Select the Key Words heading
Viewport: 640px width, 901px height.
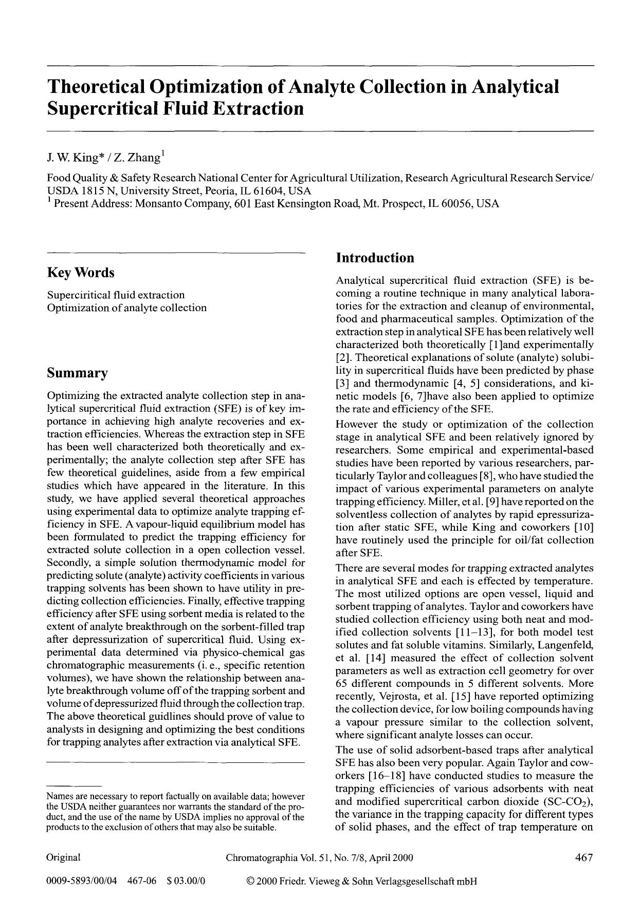[x=81, y=273]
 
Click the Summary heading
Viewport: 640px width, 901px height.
[x=77, y=373]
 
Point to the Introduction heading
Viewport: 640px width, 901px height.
[x=375, y=258]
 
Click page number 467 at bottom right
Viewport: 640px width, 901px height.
[x=584, y=857]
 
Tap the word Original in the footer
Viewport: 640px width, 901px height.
[x=63, y=857]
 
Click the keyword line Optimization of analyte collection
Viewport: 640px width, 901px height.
[x=126, y=308]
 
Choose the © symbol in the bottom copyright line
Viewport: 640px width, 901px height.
[x=251, y=881]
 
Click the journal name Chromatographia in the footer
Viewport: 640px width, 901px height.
[x=261, y=857]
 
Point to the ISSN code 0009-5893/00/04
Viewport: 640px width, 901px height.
[x=81, y=881]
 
